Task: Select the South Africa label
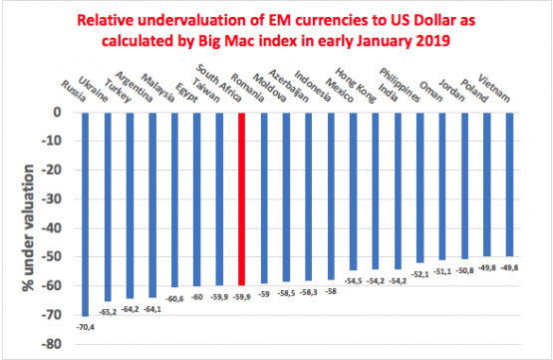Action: tap(212, 83)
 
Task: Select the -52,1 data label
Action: tap(419, 274)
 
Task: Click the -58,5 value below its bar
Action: tap(286, 291)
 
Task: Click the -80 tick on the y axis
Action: tap(59, 345)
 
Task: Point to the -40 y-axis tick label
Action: tap(59, 228)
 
